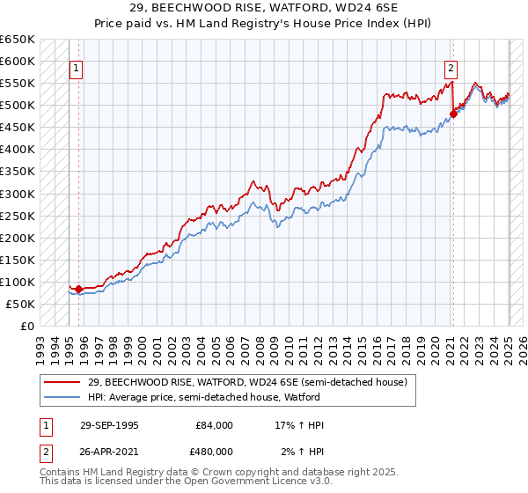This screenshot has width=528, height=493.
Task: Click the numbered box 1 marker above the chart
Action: (76, 69)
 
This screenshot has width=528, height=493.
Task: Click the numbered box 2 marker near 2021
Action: (451, 69)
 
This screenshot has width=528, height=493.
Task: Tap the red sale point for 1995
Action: (79, 289)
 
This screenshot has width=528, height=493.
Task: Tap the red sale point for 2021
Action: (453, 114)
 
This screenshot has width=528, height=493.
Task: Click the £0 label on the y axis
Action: (26, 326)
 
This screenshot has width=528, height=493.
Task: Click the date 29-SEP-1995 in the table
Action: (109, 425)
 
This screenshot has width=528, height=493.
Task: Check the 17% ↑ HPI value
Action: (300, 425)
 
